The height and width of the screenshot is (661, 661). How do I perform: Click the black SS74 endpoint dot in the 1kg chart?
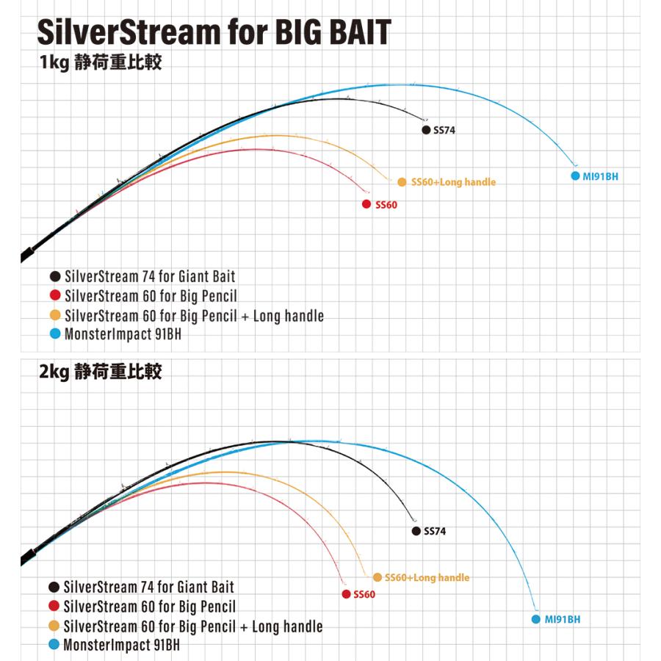pyautogui.click(x=426, y=130)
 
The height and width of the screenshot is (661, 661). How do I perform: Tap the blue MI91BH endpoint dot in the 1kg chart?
pyautogui.click(x=576, y=176)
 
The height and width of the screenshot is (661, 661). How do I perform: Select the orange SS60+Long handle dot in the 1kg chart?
pyautogui.click(x=402, y=182)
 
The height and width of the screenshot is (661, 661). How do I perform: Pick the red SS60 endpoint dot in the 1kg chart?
pyautogui.click(x=366, y=204)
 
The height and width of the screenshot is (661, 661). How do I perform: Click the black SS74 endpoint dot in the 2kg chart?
pyautogui.click(x=416, y=531)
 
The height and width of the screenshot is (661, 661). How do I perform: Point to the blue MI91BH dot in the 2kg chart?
pyautogui.click(x=536, y=619)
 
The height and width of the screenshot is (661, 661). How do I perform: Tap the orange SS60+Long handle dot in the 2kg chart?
pyautogui.click(x=378, y=577)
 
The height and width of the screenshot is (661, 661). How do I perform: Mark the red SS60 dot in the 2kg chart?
pyautogui.click(x=346, y=593)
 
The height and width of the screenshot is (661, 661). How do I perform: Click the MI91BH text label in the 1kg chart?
pyautogui.click(x=599, y=176)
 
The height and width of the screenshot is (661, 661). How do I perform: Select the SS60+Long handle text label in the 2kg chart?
pyautogui.click(x=427, y=577)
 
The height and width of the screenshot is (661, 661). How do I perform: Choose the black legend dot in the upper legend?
pyautogui.click(x=54, y=277)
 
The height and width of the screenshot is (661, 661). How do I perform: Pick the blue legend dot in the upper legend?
pyautogui.click(x=54, y=335)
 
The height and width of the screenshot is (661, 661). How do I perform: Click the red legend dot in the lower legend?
pyautogui.click(x=54, y=607)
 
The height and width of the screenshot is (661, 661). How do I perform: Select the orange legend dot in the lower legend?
pyautogui.click(x=54, y=626)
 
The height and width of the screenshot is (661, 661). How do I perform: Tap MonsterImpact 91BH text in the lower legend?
pyautogui.click(x=122, y=646)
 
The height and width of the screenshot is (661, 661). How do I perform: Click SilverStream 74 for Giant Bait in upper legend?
pyautogui.click(x=150, y=277)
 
